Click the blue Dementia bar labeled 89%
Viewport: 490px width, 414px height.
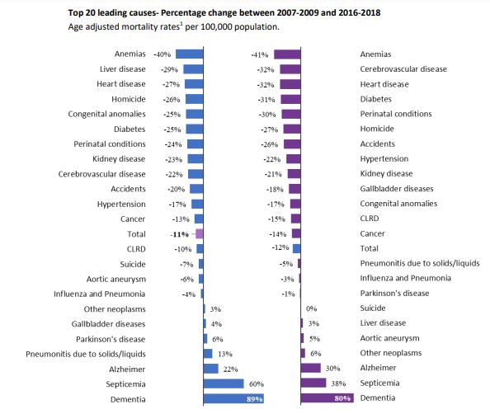click(233, 398)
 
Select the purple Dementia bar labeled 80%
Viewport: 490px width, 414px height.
click(327, 398)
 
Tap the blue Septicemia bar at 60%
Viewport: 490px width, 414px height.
click(224, 383)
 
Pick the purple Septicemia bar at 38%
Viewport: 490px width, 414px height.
click(313, 383)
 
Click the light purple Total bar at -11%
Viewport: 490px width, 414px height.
click(200, 233)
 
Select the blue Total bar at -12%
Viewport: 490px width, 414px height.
click(297, 248)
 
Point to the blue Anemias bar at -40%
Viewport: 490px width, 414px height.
click(190, 54)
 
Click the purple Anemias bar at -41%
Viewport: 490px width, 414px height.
click(287, 54)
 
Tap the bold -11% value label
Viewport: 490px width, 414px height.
click(180, 234)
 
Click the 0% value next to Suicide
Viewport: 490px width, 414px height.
click(312, 308)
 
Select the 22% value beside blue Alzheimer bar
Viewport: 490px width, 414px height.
click(230, 369)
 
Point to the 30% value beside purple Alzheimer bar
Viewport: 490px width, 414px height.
click(332, 369)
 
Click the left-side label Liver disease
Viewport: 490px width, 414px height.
click(122, 69)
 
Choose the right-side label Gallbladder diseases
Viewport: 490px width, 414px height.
click(397, 188)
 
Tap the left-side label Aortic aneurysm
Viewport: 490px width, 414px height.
click(116, 279)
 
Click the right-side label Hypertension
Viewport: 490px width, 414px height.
click(384, 158)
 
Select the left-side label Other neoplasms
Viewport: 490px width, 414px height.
click(115, 309)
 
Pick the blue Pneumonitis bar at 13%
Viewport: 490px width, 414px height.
click(208, 354)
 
